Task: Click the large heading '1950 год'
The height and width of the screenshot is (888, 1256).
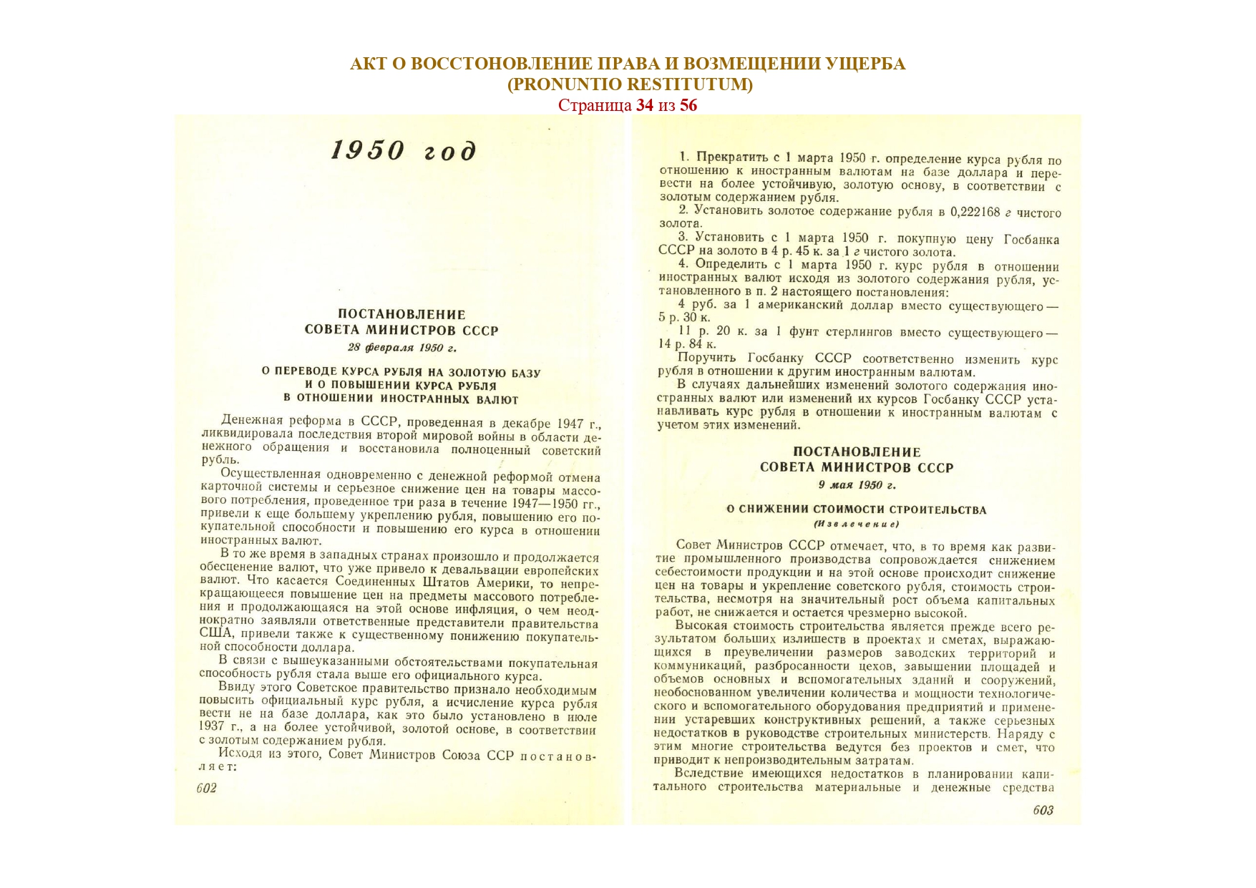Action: pyautogui.click(x=404, y=151)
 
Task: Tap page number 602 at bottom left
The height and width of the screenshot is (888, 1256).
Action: pyautogui.click(x=206, y=788)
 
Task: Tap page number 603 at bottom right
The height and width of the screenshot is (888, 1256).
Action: pyautogui.click(x=1043, y=810)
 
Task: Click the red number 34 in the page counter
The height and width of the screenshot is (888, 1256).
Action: pyautogui.click(x=644, y=105)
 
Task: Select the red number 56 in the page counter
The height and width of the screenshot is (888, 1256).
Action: pyautogui.click(x=688, y=105)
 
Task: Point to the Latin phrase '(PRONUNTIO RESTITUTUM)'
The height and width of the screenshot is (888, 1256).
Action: pyautogui.click(x=630, y=84)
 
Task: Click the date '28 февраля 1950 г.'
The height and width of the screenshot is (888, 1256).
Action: pyautogui.click(x=401, y=348)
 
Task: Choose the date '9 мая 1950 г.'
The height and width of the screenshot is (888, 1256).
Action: pyautogui.click(x=857, y=485)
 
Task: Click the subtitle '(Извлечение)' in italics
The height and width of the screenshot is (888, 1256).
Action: pyautogui.click(x=856, y=524)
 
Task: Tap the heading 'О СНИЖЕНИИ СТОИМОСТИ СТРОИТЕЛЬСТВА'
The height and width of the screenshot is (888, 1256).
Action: pyautogui.click(x=856, y=510)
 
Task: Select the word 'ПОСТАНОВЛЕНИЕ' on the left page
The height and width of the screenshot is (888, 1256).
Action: pyautogui.click(x=401, y=314)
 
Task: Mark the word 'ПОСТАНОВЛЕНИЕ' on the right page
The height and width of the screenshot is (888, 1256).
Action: pyautogui.click(x=857, y=452)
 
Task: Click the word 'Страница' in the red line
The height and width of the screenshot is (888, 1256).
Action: pyautogui.click(x=594, y=105)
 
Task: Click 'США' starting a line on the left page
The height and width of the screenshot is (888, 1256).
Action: pyautogui.click(x=215, y=633)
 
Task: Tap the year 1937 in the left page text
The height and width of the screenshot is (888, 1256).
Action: pyautogui.click(x=212, y=727)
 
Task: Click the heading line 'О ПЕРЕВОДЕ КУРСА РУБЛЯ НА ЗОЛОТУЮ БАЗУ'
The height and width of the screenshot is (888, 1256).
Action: pyautogui.click(x=401, y=373)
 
